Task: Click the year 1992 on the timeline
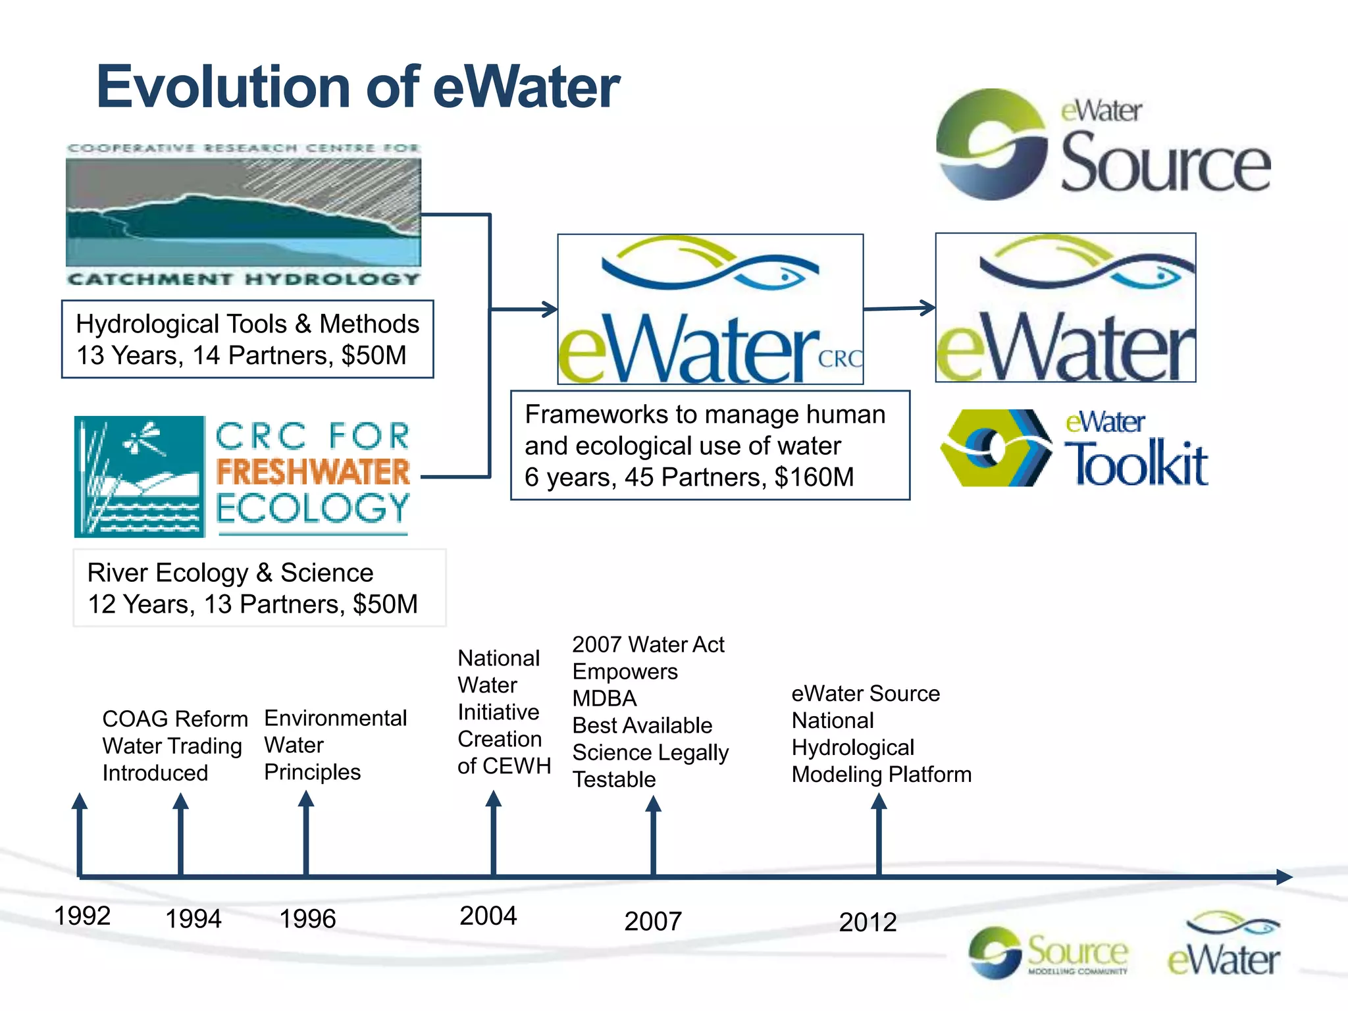(x=82, y=916)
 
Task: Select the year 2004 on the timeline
(x=488, y=916)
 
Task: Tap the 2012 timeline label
(x=868, y=921)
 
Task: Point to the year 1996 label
(x=307, y=918)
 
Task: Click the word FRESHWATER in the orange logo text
(x=313, y=472)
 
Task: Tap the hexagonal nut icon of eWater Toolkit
(x=994, y=448)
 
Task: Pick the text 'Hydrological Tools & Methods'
(x=247, y=324)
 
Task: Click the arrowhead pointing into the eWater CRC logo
(x=549, y=309)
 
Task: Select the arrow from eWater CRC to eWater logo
(x=899, y=308)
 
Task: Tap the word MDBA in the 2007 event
(x=604, y=698)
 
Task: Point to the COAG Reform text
(x=175, y=718)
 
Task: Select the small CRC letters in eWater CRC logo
(x=840, y=359)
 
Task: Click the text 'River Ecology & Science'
(x=230, y=573)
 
